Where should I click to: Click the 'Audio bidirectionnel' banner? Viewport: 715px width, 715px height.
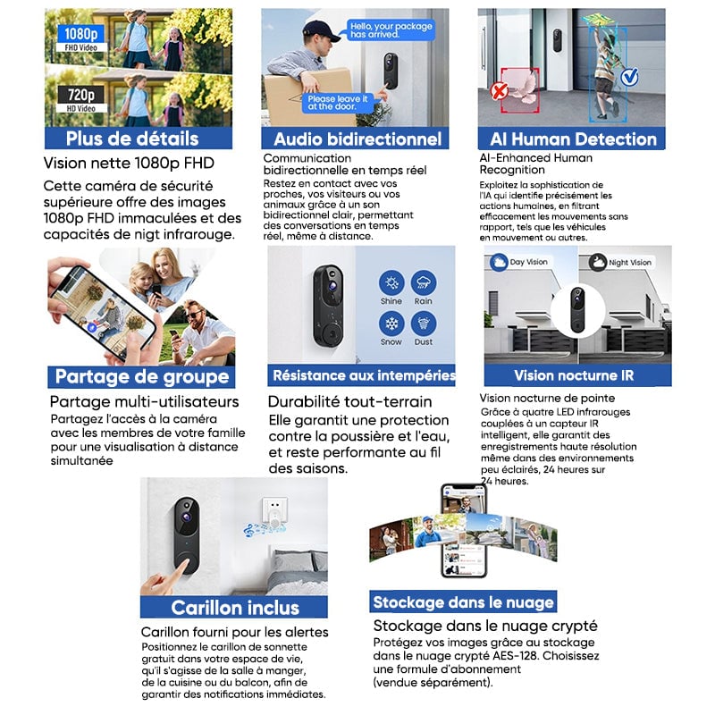click(357, 139)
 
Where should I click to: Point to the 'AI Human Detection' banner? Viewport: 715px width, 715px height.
click(573, 139)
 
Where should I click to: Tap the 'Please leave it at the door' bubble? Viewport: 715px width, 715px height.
click(333, 102)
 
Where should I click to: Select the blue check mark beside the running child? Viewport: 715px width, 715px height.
click(628, 78)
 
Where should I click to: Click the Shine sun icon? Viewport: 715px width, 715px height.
click(391, 284)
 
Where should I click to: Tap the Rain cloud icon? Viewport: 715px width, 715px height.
click(424, 284)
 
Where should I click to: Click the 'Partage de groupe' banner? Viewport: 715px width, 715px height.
click(141, 376)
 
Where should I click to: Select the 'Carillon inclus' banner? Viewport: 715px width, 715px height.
click(234, 608)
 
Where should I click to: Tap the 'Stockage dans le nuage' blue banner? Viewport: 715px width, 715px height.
click(464, 601)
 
